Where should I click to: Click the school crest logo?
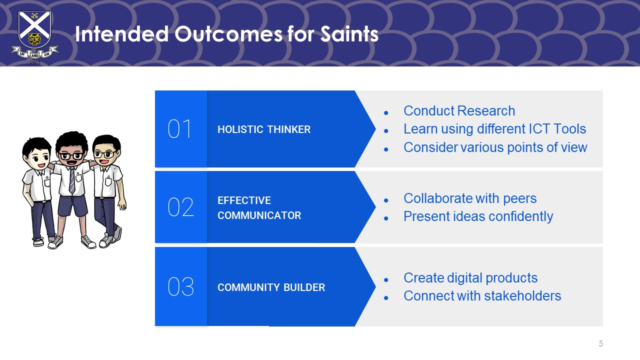tap(35, 37)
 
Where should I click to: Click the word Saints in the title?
tap(349, 34)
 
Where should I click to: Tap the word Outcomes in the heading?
tap(228, 34)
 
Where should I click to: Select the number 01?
tap(179, 129)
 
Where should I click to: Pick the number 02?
tap(181, 207)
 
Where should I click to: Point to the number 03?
tap(181, 286)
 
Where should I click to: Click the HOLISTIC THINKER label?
tap(264, 129)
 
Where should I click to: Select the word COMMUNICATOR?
tap(259, 215)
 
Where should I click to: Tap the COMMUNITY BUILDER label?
tap(271, 287)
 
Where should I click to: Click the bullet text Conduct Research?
tap(459, 111)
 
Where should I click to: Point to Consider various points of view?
tap(495, 147)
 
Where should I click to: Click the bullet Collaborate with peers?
tap(470, 198)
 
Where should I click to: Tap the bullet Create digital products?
tap(470, 278)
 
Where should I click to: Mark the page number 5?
tap(600, 343)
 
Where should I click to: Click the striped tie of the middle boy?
tap(72, 180)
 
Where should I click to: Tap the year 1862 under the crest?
tap(35, 62)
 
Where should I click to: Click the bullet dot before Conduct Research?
tap(386, 113)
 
